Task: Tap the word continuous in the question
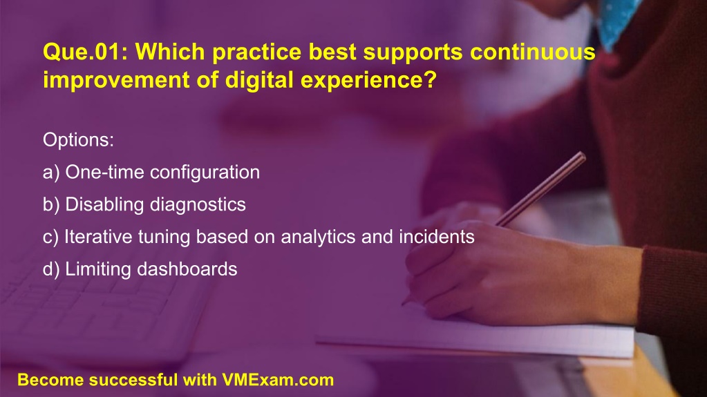click(x=533, y=52)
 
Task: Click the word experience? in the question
click(x=369, y=80)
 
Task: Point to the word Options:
click(x=79, y=139)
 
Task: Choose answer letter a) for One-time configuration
click(x=51, y=173)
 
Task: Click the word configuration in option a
click(x=205, y=173)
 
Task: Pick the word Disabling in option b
click(x=104, y=204)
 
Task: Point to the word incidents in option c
click(x=437, y=237)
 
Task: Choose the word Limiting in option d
click(x=98, y=269)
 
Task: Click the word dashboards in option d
click(x=187, y=269)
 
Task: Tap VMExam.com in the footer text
click(x=278, y=380)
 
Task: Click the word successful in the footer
click(x=133, y=380)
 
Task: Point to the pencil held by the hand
click(x=540, y=188)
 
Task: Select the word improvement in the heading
click(x=116, y=80)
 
